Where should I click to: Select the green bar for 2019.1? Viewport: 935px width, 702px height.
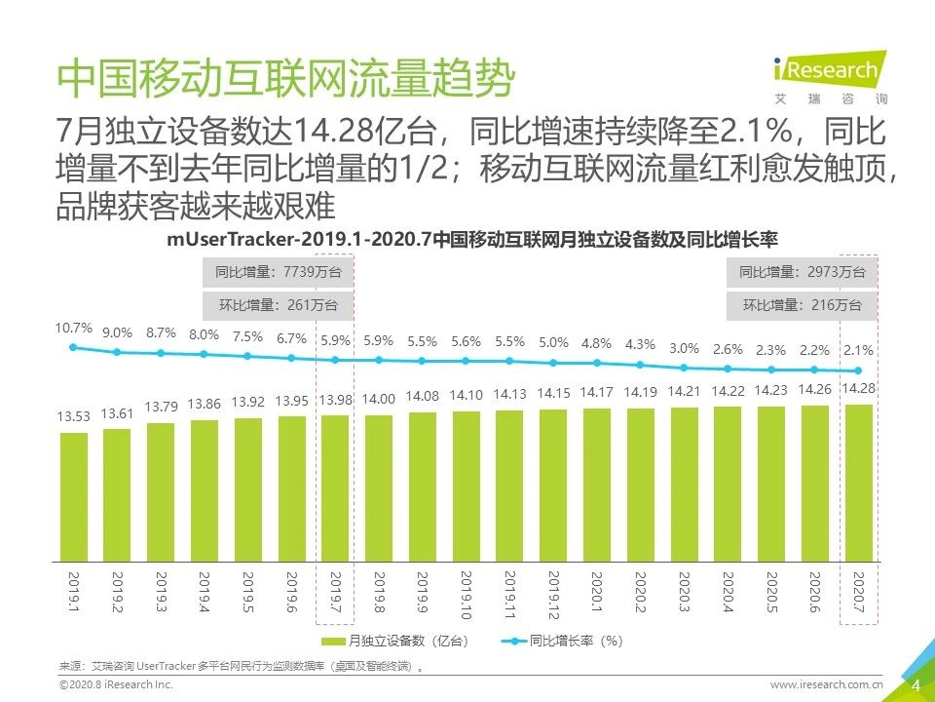click(74, 497)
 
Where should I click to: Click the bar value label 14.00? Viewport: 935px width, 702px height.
click(379, 399)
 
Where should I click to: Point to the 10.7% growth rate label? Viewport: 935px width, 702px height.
click(74, 328)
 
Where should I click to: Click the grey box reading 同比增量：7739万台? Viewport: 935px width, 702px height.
click(270, 274)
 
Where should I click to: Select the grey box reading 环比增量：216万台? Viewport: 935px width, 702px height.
click(802, 305)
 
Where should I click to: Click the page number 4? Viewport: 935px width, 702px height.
click(916, 685)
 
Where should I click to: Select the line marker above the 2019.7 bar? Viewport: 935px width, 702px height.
click(335, 360)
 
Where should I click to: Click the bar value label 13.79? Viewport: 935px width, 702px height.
click(161, 406)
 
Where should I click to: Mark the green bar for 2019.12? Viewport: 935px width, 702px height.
click(553, 486)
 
